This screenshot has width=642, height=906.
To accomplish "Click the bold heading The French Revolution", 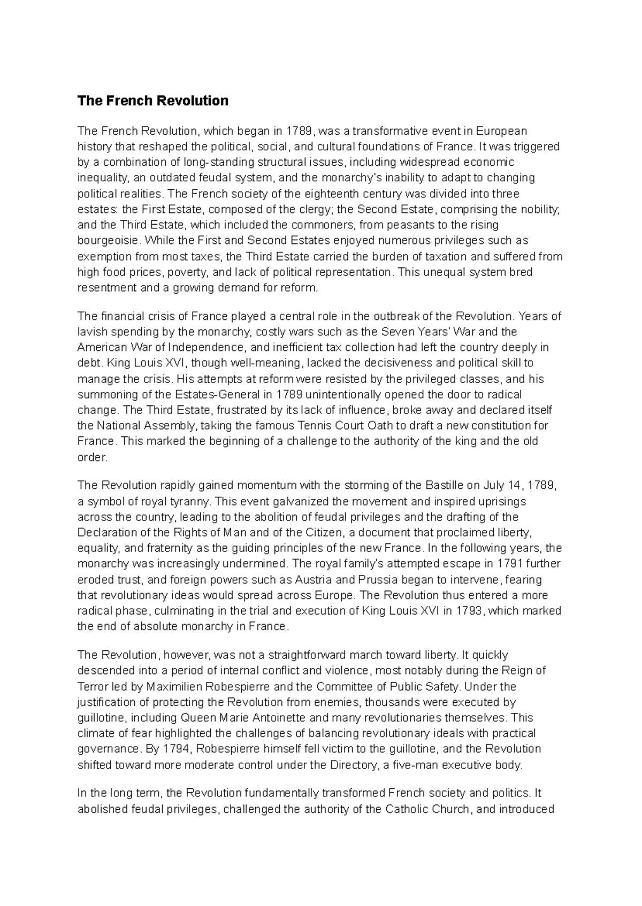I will tap(152, 101).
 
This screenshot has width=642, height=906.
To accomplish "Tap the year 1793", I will tap(469, 611).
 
